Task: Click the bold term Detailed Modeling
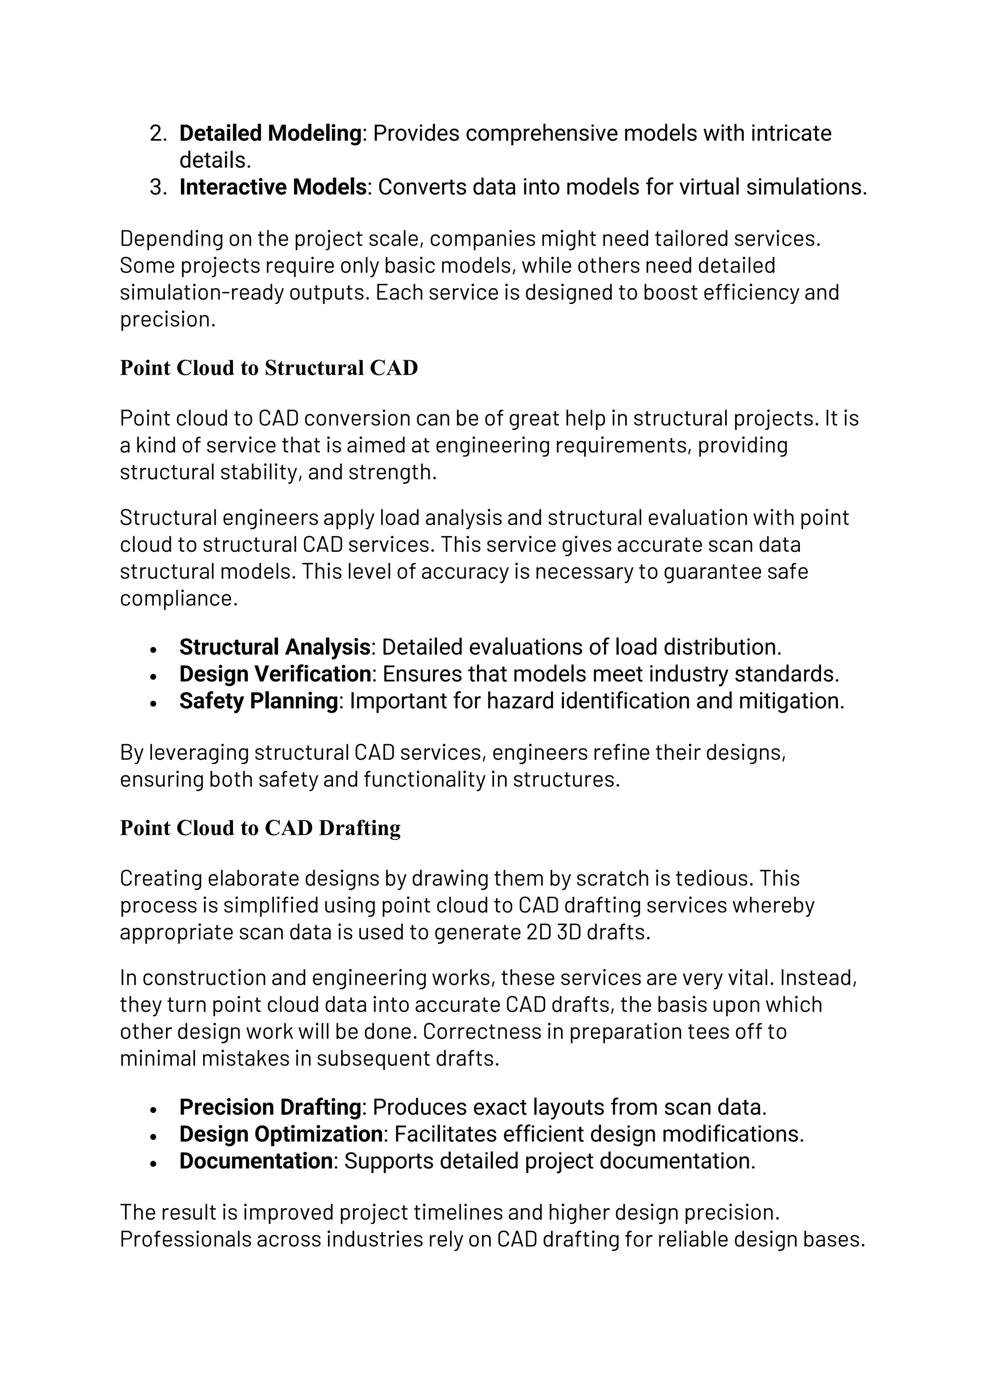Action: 270,133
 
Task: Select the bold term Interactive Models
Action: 273,187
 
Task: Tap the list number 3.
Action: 158,187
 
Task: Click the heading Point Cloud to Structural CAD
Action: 269,368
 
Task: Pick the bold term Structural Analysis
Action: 274,647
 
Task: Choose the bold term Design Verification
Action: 275,673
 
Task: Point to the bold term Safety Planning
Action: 258,701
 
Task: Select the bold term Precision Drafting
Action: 270,1107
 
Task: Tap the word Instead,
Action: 819,978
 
